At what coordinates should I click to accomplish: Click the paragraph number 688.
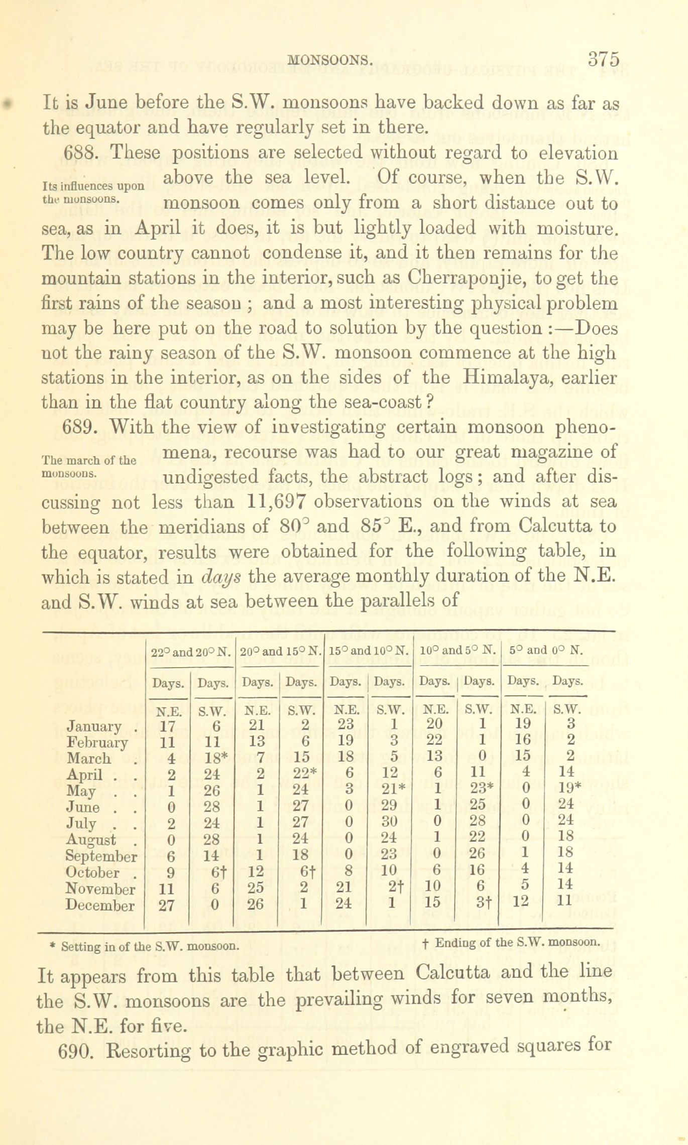[x=83, y=152]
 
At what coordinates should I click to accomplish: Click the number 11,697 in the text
[x=278, y=501]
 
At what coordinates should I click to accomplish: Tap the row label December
[x=100, y=906]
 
